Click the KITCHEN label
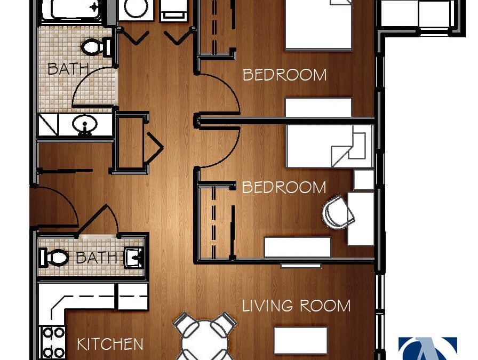(x=110, y=345)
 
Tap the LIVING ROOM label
(x=297, y=306)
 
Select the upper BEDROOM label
(x=284, y=75)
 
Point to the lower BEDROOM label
(x=284, y=187)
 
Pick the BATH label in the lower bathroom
(x=96, y=258)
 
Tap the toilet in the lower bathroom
(x=55, y=258)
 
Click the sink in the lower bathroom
(x=134, y=258)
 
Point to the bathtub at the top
(x=71, y=10)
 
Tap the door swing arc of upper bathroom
(x=91, y=85)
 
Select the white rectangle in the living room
(x=300, y=340)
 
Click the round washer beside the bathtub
(x=136, y=9)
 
